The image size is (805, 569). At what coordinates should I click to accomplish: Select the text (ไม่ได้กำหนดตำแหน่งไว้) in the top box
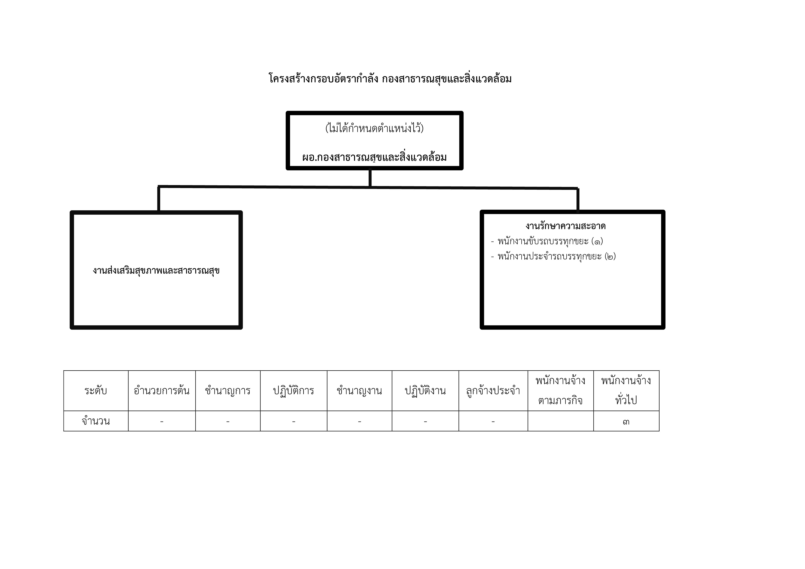pyautogui.click(x=375, y=128)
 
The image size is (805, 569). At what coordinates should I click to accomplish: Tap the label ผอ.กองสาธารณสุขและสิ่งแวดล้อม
pyautogui.click(x=375, y=157)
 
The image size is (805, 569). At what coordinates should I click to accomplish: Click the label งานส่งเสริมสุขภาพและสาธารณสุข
pyautogui.click(x=156, y=270)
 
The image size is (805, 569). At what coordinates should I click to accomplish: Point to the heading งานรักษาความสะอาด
pyautogui.click(x=565, y=226)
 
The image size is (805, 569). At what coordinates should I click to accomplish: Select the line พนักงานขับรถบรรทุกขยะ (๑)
pyautogui.click(x=547, y=241)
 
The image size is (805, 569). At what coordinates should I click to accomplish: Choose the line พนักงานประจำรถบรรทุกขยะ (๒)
pyautogui.click(x=553, y=256)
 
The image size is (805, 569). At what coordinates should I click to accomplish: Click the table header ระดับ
pyautogui.click(x=96, y=390)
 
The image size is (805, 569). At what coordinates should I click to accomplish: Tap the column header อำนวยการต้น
pyautogui.click(x=162, y=390)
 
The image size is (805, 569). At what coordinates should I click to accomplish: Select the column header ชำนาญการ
pyautogui.click(x=228, y=391)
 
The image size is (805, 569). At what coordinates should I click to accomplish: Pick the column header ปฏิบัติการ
pyautogui.click(x=294, y=391)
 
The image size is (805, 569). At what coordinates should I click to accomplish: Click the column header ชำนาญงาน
pyautogui.click(x=359, y=391)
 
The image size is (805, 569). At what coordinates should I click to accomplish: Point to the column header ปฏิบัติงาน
pyautogui.click(x=425, y=391)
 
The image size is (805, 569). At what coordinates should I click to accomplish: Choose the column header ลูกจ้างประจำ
pyautogui.click(x=493, y=391)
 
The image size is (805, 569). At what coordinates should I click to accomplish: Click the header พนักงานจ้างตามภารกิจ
pyautogui.click(x=561, y=390)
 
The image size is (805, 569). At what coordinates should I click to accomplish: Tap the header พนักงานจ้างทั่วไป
pyautogui.click(x=626, y=390)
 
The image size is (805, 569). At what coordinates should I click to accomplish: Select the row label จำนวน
pyautogui.click(x=96, y=421)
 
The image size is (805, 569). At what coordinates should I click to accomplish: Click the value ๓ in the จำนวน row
pyautogui.click(x=626, y=422)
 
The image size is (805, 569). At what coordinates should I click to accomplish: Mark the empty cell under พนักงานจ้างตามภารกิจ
pyautogui.click(x=561, y=421)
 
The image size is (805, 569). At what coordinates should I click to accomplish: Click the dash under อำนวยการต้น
pyautogui.click(x=162, y=422)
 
